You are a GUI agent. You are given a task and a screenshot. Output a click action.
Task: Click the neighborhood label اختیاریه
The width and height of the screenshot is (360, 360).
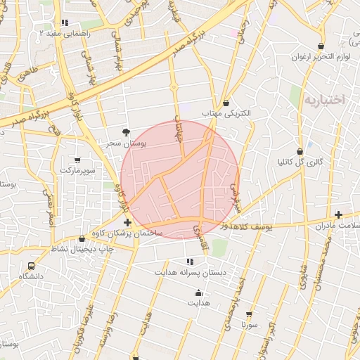324,100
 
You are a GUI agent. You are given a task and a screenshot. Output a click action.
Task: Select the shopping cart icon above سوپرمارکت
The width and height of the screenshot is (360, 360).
77,160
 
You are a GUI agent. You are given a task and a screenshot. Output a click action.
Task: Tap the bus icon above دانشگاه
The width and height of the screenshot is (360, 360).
31,266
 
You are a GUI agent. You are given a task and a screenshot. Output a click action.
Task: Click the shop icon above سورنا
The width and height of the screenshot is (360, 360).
248,314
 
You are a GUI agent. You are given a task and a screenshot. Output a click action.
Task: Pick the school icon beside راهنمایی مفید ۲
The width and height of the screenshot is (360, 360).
65,22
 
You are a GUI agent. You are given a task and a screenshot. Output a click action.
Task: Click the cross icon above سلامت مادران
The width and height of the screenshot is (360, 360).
339,214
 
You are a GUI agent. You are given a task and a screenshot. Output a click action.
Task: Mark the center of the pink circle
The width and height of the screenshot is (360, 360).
180,180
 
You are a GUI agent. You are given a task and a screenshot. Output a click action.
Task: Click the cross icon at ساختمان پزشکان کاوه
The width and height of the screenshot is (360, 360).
127,222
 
